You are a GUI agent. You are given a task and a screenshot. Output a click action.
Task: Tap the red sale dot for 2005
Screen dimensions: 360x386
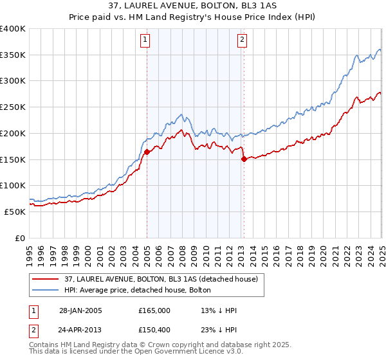[147, 152]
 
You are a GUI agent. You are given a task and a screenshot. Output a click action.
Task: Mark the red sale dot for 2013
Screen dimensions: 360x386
[244, 159]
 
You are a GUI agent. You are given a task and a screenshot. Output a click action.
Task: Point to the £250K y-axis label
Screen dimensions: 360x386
[13, 107]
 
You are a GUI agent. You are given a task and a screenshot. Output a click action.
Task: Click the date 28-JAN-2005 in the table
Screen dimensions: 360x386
[80, 310]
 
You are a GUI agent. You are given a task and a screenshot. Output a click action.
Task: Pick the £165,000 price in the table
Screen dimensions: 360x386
[154, 310]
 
